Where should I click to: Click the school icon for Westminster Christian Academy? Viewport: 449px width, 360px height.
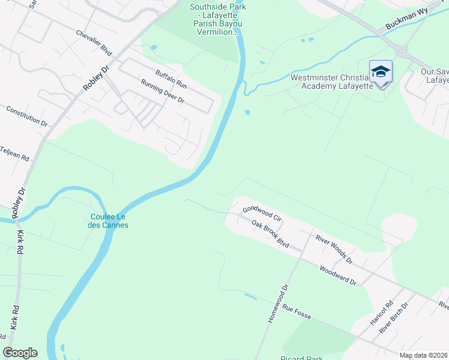[x=381, y=72]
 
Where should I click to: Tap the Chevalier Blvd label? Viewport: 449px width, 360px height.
[x=94, y=41]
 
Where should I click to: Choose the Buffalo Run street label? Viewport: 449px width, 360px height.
[x=171, y=80]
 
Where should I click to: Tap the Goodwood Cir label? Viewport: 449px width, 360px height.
[x=262, y=212]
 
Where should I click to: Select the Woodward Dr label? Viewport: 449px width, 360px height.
[x=338, y=275]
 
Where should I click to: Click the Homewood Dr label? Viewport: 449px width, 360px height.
[x=279, y=304]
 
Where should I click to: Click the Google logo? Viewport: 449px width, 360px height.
[x=20, y=353]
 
